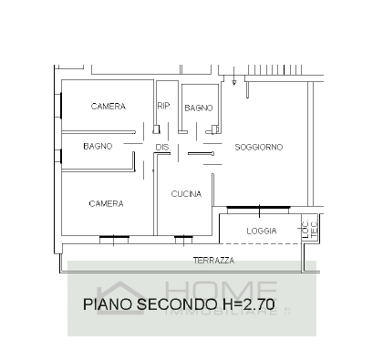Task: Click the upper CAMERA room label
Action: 108,107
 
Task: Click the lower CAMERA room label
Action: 106,203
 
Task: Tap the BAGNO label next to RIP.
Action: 199,108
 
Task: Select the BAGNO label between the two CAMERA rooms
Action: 97,146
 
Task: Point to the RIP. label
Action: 164,106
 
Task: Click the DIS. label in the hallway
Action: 163,148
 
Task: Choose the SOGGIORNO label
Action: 258,147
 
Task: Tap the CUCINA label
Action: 186,195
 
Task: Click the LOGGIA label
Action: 262,231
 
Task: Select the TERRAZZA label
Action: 213,261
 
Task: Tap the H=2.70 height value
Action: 247,303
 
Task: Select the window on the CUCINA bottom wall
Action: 183,239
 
